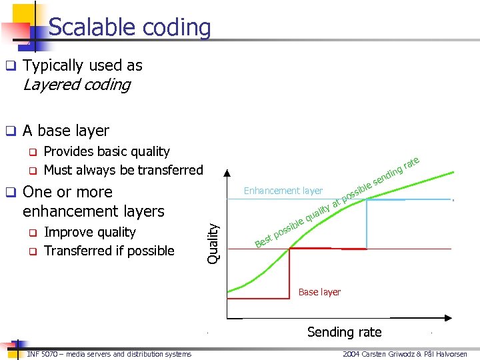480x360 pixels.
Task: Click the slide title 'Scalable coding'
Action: point(129,27)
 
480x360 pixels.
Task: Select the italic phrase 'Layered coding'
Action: point(76,85)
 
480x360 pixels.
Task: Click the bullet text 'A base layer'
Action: point(65,131)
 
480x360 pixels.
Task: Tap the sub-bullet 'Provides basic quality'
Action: point(107,151)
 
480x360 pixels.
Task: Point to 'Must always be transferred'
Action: point(123,170)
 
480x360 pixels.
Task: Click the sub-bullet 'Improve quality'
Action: point(89,232)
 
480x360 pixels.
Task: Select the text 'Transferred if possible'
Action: point(109,251)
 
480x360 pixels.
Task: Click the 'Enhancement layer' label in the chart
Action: point(283,191)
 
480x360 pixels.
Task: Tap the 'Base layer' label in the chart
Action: point(319,292)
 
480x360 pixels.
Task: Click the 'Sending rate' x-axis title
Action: point(344,332)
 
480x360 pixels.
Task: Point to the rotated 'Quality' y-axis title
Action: point(213,243)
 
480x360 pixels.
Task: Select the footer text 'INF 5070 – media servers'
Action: point(109,354)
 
